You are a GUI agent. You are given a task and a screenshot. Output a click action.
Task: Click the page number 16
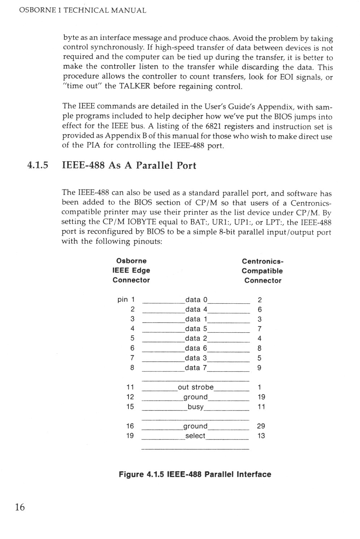click(20, 507)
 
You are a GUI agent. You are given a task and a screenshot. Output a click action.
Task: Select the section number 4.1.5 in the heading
click(38, 166)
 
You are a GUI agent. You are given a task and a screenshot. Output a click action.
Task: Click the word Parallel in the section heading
click(153, 166)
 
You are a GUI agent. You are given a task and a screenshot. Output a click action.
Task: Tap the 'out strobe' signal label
click(196, 387)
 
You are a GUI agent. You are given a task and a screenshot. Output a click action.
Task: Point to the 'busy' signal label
click(196, 407)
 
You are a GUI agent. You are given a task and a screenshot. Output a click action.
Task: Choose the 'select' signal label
click(195, 436)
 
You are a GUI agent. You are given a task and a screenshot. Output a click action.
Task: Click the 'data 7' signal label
click(196, 368)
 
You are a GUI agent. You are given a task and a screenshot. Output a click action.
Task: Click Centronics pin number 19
click(261, 397)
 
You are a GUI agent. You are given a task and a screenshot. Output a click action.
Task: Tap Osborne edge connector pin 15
click(130, 407)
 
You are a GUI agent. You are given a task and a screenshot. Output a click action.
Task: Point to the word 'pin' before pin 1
click(123, 300)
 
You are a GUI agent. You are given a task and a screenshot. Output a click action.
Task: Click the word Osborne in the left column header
click(131, 261)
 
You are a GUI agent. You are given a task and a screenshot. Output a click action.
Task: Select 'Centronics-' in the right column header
click(263, 261)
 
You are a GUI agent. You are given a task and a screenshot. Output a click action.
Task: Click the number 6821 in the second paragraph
click(213, 127)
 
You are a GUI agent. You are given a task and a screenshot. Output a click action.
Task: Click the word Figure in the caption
click(131, 474)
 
